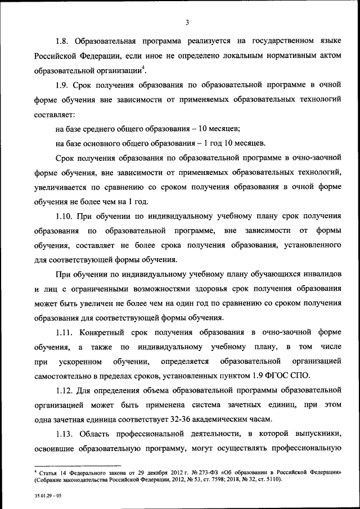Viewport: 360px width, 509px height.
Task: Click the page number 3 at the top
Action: pyautogui.click(x=187, y=22)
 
